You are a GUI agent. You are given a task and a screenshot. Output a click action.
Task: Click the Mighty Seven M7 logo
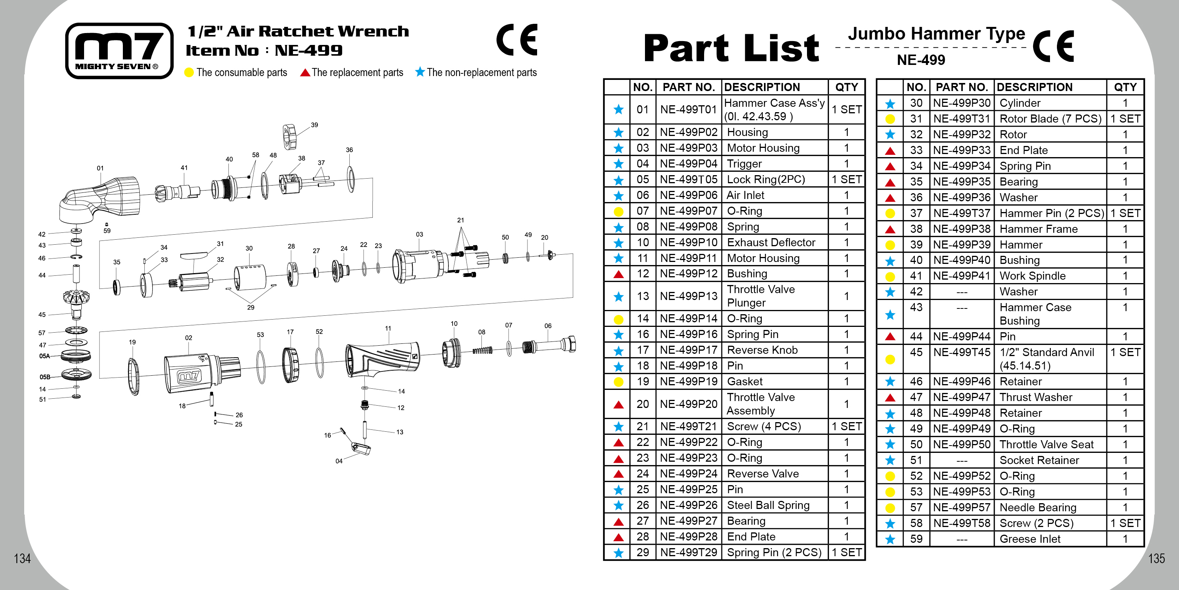point(119,50)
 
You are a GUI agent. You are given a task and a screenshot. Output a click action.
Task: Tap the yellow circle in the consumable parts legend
point(189,72)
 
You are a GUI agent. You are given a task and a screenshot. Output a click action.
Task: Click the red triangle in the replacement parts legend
point(305,72)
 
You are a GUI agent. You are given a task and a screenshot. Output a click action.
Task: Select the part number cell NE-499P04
point(688,164)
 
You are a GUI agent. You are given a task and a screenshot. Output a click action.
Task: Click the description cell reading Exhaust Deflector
point(771,242)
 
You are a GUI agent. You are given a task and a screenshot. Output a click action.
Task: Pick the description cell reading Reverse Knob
point(762,350)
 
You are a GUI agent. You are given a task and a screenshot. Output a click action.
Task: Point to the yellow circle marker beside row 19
point(618,381)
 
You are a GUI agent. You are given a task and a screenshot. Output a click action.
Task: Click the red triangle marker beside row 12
point(618,274)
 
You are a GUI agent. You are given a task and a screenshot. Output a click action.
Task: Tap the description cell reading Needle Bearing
point(1038,507)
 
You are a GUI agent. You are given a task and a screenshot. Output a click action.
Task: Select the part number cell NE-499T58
point(962,523)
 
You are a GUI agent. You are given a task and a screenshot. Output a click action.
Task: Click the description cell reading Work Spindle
point(1033,276)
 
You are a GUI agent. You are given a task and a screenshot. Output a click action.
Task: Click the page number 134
point(22,559)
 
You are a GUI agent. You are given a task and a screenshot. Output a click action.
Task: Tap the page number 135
point(1156,559)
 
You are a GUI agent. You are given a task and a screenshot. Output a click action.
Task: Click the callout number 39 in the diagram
point(314,124)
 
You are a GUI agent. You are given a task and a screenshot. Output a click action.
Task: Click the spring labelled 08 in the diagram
point(483,350)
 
